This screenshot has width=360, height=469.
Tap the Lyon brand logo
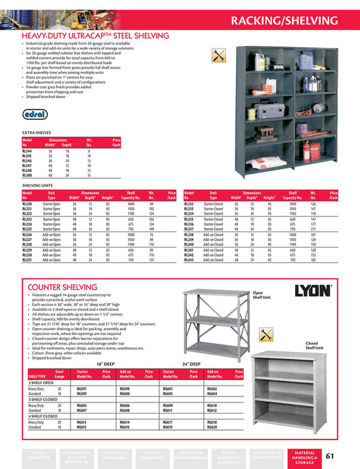(313, 290)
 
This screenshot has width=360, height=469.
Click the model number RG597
(83, 388)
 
